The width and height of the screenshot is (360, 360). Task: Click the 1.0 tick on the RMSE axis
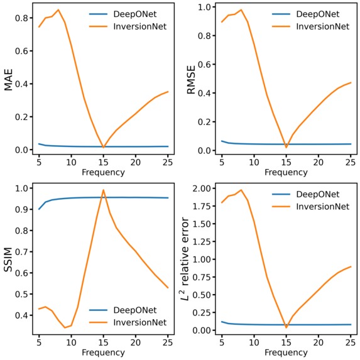pos(204,7)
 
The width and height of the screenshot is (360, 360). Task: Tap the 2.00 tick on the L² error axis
pos(200,188)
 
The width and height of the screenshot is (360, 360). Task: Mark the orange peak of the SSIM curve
pos(104,190)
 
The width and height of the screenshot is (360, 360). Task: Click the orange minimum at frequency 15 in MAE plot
pos(104,148)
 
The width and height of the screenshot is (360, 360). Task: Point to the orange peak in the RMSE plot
pos(240,9)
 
